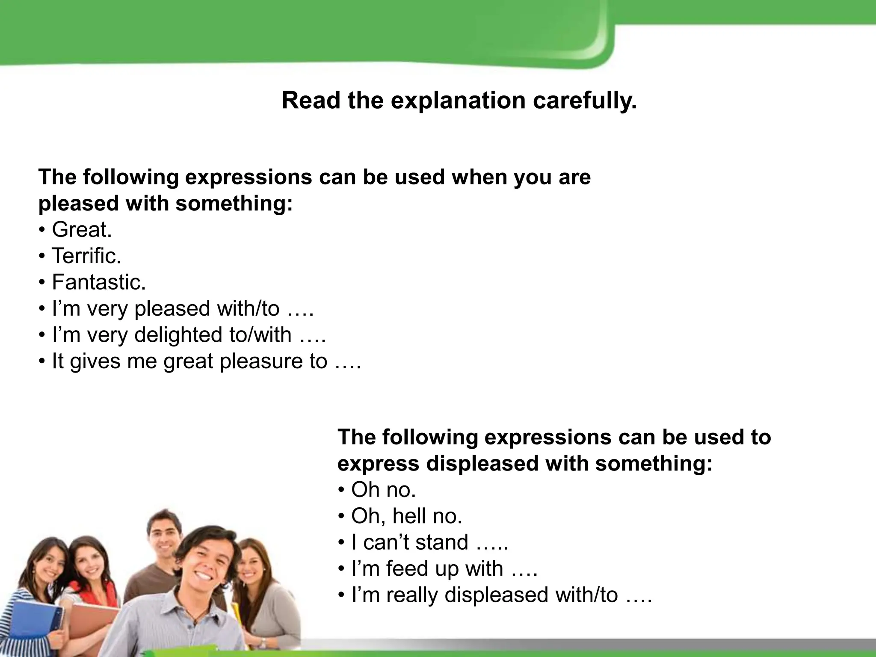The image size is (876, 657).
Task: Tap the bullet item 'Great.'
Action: pos(81,230)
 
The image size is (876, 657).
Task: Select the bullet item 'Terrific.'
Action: pos(86,256)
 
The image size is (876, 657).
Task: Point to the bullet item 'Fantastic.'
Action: pos(98,282)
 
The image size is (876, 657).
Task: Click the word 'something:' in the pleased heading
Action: pos(234,203)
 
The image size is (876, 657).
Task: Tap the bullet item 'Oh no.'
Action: pos(383,490)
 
